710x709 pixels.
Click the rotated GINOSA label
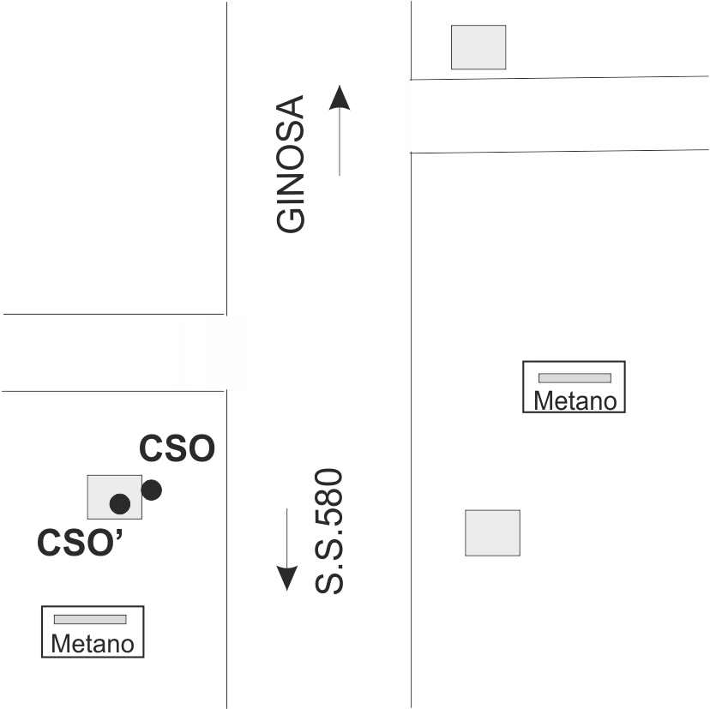(291, 164)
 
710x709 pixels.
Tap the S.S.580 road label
(328, 532)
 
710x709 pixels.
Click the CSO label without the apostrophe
(177, 449)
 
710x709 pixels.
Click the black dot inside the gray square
(120, 503)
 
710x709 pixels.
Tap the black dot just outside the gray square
(152, 490)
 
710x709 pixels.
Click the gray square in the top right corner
(478, 47)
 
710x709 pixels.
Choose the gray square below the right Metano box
(492, 532)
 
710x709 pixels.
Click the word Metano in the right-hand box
(575, 400)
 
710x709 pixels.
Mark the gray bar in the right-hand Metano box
(574, 378)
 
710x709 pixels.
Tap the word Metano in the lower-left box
(93, 644)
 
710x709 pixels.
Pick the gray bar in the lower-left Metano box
(90, 619)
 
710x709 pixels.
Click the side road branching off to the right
(557, 115)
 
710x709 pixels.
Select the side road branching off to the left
(111, 352)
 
